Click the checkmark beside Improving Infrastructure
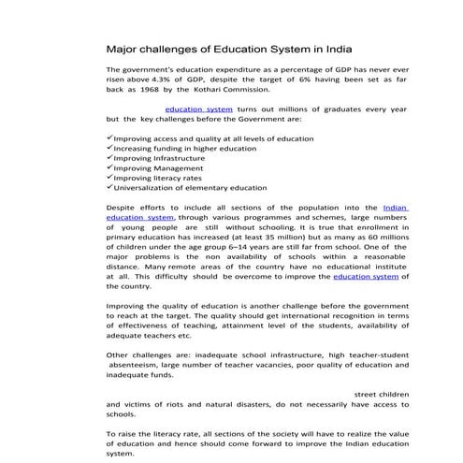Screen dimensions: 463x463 pyautogui.click(x=110, y=158)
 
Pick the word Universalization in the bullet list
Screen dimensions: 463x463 pyautogui.click(x=145, y=188)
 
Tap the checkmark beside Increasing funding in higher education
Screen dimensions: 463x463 pyautogui.click(x=110, y=148)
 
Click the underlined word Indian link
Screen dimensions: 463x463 pyautogui.click(x=396, y=207)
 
